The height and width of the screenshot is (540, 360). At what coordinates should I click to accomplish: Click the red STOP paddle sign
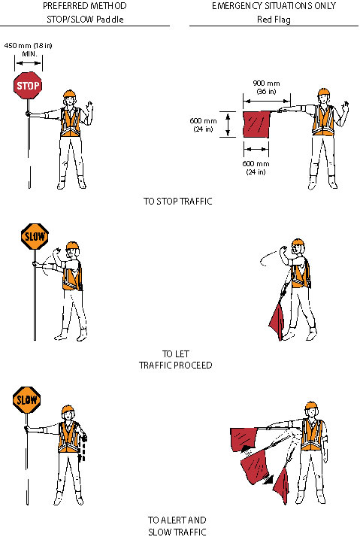click(x=28, y=86)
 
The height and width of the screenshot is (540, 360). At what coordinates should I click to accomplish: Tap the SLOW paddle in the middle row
click(x=35, y=236)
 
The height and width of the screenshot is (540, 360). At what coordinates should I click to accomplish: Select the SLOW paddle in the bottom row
click(x=27, y=400)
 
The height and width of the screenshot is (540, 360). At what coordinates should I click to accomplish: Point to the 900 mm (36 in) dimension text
click(x=266, y=87)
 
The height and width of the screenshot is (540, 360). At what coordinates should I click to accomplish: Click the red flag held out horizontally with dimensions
click(x=256, y=124)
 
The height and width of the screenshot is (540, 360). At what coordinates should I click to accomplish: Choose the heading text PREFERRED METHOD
click(x=85, y=6)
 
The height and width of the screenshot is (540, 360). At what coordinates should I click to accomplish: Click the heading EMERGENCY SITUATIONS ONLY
click(x=274, y=6)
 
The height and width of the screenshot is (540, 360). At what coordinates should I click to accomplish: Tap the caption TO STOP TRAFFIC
click(x=178, y=201)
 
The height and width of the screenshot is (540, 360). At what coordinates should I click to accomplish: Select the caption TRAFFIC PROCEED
click(x=176, y=365)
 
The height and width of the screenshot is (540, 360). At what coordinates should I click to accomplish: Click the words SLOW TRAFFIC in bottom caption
click(x=177, y=532)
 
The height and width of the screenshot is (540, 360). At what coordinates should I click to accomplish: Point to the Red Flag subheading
click(x=274, y=20)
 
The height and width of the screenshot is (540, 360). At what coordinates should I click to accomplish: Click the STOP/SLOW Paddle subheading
click(x=85, y=20)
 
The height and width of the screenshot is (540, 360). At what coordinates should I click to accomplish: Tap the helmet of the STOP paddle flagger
click(x=69, y=94)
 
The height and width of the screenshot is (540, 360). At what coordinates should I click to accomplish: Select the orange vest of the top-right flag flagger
click(x=323, y=120)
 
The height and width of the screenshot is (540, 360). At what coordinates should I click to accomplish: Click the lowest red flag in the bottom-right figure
click(x=282, y=486)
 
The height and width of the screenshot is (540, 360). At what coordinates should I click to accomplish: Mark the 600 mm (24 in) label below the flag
click(x=256, y=168)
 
